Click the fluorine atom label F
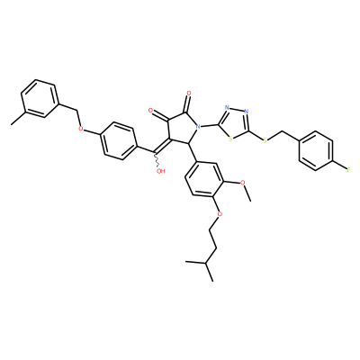point(348,170)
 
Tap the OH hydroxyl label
point(161,171)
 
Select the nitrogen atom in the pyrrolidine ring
point(198,127)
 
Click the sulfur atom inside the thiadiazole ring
point(230,139)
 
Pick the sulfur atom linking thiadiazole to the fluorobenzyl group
point(265,140)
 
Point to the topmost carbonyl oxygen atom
point(189,94)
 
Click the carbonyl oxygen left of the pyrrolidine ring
point(151,111)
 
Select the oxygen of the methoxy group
point(244,183)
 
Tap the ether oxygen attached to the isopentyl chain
point(220,214)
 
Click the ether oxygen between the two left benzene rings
point(80,129)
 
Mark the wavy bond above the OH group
point(157,160)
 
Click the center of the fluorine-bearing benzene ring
point(316,150)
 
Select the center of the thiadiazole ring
point(236,123)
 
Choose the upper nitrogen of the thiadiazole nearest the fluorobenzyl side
point(247,112)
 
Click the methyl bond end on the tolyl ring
point(12,123)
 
